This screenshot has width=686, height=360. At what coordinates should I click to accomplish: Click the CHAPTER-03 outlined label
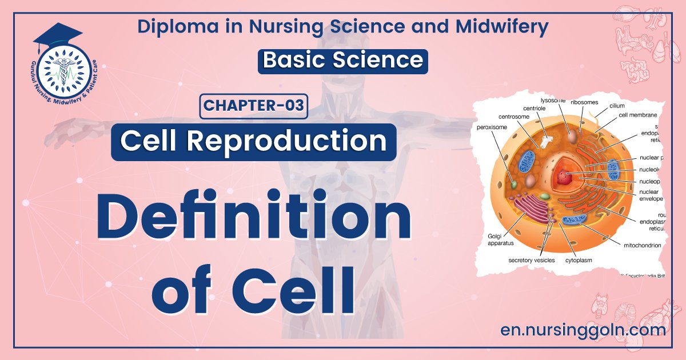coord(254,106)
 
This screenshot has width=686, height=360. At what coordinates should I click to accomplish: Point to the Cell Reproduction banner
coord(253,141)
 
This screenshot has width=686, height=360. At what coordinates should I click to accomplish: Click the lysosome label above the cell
coord(553,101)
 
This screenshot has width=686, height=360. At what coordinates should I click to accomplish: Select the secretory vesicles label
coord(532,260)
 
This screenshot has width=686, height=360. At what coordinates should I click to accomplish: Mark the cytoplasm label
coord(579,260)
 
